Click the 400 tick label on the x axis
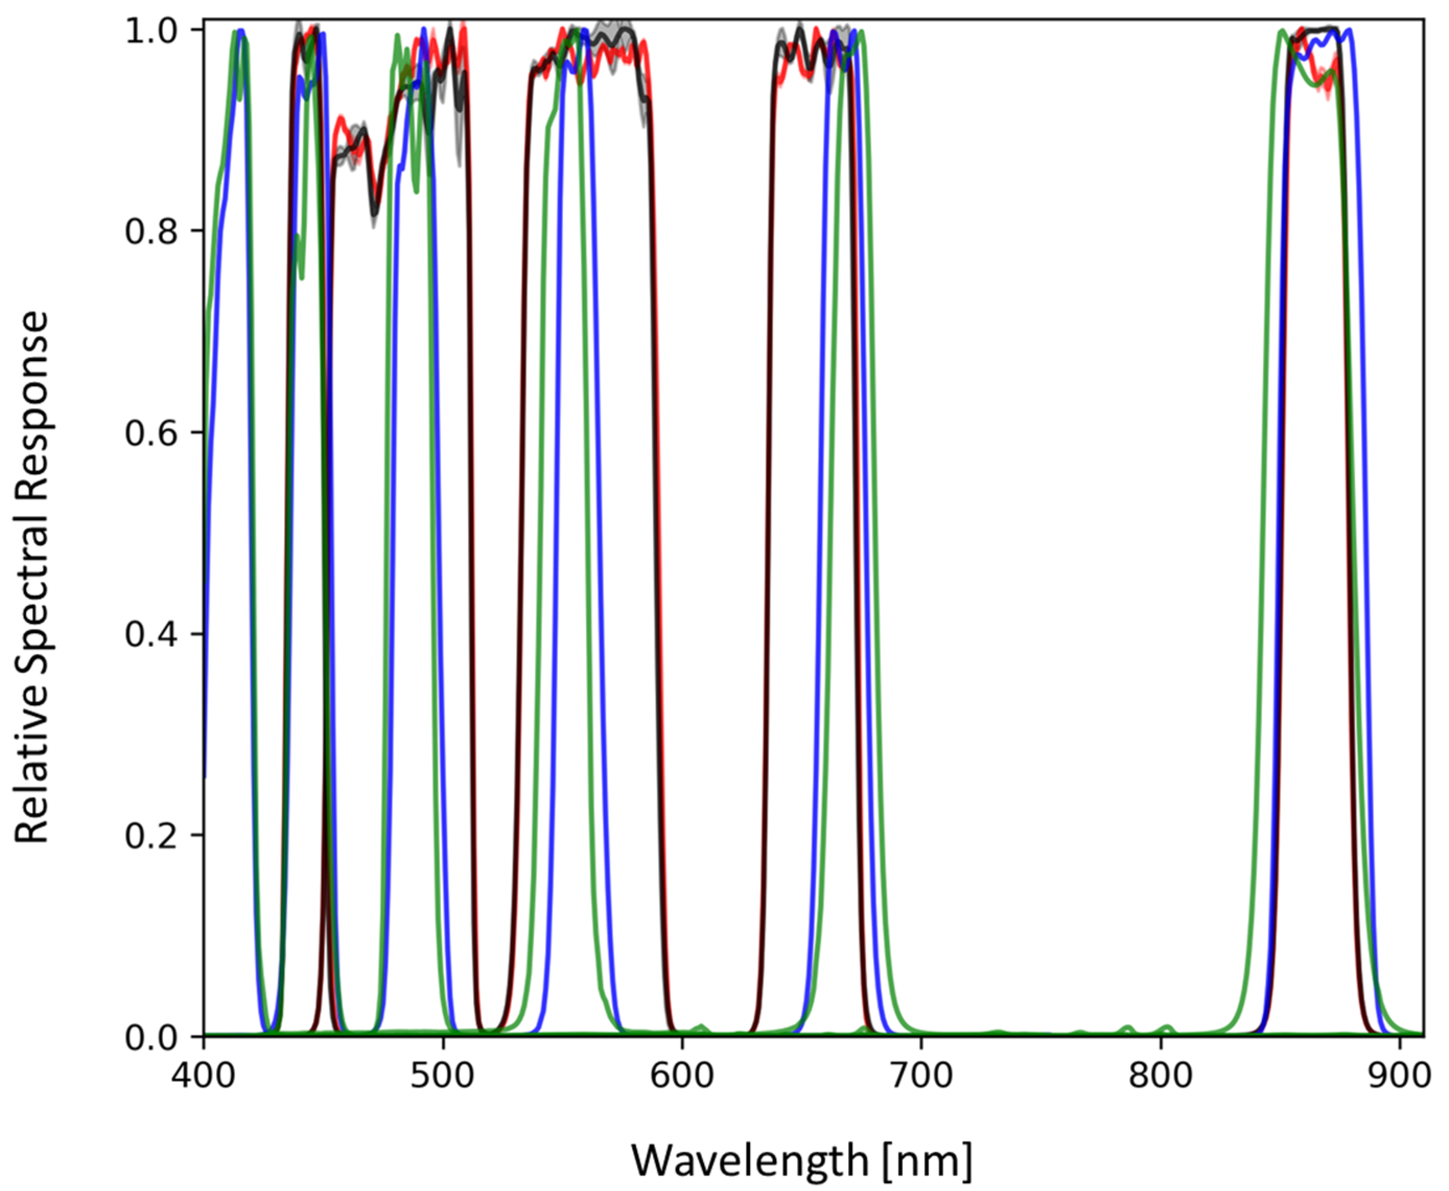click(x=204, y=1075)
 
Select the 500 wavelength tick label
click(x=442, y=1075)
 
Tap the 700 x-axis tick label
click(x=921, y=1075)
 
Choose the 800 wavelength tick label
click(x=1160, y=1075)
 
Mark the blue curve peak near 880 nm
click(x=1349, y=31)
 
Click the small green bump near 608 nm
click(x=700, y=1026)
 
